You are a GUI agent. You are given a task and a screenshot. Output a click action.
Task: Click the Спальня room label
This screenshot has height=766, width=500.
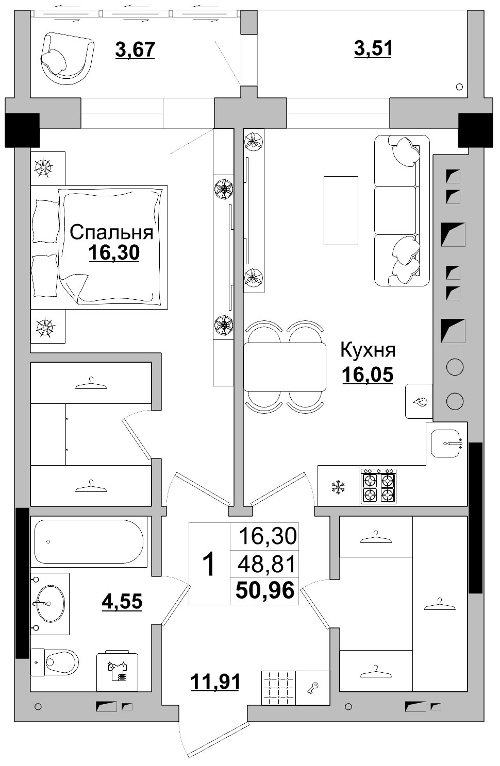pyautogui.click(x=111, y=233)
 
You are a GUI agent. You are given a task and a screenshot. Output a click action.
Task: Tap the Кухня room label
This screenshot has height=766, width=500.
pyautogui.click(x=368, y=350)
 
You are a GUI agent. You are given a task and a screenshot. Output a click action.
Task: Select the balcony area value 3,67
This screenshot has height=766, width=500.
pyautogui.click(x=135, y=49)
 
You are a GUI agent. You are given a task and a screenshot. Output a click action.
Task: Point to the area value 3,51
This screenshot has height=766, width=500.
pyautogui.click(x=373, y=48)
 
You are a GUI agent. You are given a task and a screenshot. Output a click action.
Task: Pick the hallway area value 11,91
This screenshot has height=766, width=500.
pyautogui.click(x=215, y=682)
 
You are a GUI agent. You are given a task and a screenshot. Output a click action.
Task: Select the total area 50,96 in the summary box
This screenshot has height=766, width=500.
pyautogui.click(x=265, y=590)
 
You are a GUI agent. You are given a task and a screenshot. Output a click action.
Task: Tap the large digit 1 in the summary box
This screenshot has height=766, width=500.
pyautogui.click(x=208, y=564)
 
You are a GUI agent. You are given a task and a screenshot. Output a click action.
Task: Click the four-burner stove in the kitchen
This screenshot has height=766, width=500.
pyautogui.click(x=378, y=486)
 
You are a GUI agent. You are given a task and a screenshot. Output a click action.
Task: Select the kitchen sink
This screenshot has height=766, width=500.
pyautogui.click(x=445, y=444)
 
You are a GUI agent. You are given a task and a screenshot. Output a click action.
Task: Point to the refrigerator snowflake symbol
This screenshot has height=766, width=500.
pyautogui.click(x=338, y=487)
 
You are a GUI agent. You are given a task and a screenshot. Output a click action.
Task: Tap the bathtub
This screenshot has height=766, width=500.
pyautogui.click(x=89, y=542)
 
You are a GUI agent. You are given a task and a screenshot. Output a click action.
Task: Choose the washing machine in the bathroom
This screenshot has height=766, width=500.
pyautogui.click(x=118, y=671)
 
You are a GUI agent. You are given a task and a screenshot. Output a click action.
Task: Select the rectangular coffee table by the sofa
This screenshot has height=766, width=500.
pyautogui.click(x=341, y=211)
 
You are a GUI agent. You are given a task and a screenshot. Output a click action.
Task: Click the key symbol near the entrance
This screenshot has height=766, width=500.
pyautogui.click(x=312, y=687)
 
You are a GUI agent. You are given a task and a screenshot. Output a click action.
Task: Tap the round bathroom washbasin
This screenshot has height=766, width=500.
pyautogui.click(x=51, y=604)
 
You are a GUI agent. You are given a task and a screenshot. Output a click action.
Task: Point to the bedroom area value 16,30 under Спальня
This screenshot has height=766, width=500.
pyautogui.click(x=114, y=253)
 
